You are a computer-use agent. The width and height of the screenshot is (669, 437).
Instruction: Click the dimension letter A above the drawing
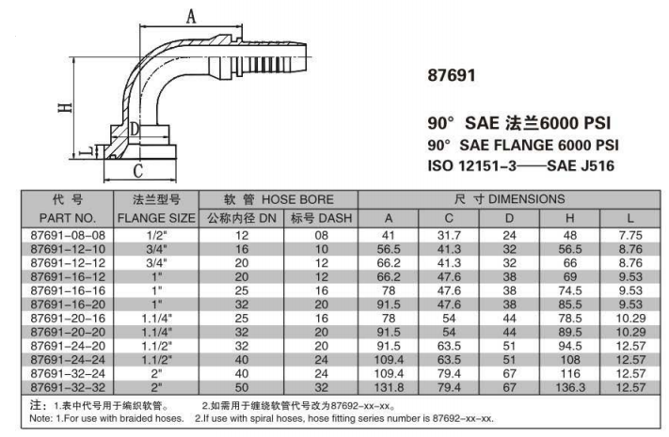click(x=192, y=17)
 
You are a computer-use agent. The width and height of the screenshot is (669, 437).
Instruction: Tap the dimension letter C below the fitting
click(x=138, y=170)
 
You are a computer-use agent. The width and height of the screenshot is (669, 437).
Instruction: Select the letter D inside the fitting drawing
click(x=135, y=128)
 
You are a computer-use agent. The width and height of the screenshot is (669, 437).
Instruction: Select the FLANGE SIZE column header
click(x=155, y=218)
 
